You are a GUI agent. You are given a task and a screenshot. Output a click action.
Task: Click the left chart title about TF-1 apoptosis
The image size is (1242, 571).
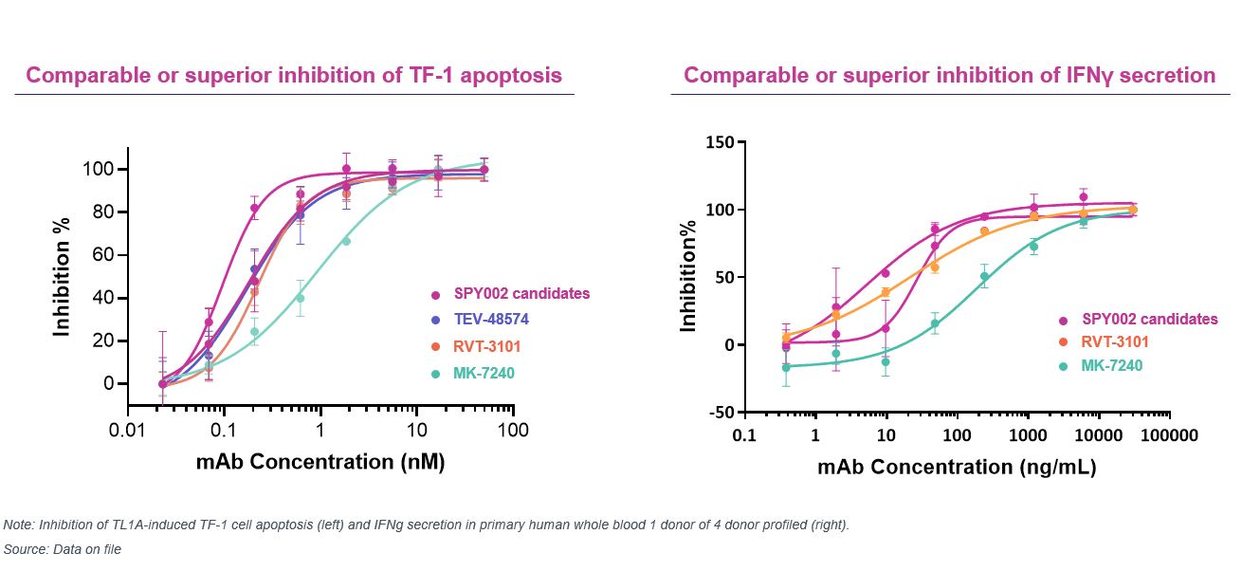pyautogui.click(x=294, y=75)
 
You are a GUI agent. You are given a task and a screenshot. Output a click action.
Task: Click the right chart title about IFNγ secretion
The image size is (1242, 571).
pyautogui.click(x=949, y=75)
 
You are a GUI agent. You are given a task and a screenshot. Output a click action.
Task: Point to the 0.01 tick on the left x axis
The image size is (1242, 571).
pyautogui.click(x=126, y=432)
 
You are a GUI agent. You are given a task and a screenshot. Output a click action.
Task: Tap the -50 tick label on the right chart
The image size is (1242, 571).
pyautogui.click(x=720, y=414)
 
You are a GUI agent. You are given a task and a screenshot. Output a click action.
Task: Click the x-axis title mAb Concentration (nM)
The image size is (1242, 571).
pyautogui.click(x=320, y=463)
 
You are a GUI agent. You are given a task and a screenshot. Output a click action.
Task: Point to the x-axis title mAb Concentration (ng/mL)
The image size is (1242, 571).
pyautogui.click(x=957, y=467)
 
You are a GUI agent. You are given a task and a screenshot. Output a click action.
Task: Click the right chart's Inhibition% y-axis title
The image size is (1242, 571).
pyautogui.click(x=689, y=277)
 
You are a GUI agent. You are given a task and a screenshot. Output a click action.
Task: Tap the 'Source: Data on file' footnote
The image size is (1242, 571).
pyautogui.click(x=63, y=549)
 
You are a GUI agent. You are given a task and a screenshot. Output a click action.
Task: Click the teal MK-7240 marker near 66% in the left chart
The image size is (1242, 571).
pyautogui.click(x=346, y=241)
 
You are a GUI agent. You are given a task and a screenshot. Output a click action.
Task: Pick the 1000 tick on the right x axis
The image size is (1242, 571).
pyautogui.click(x=1028, y=435)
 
